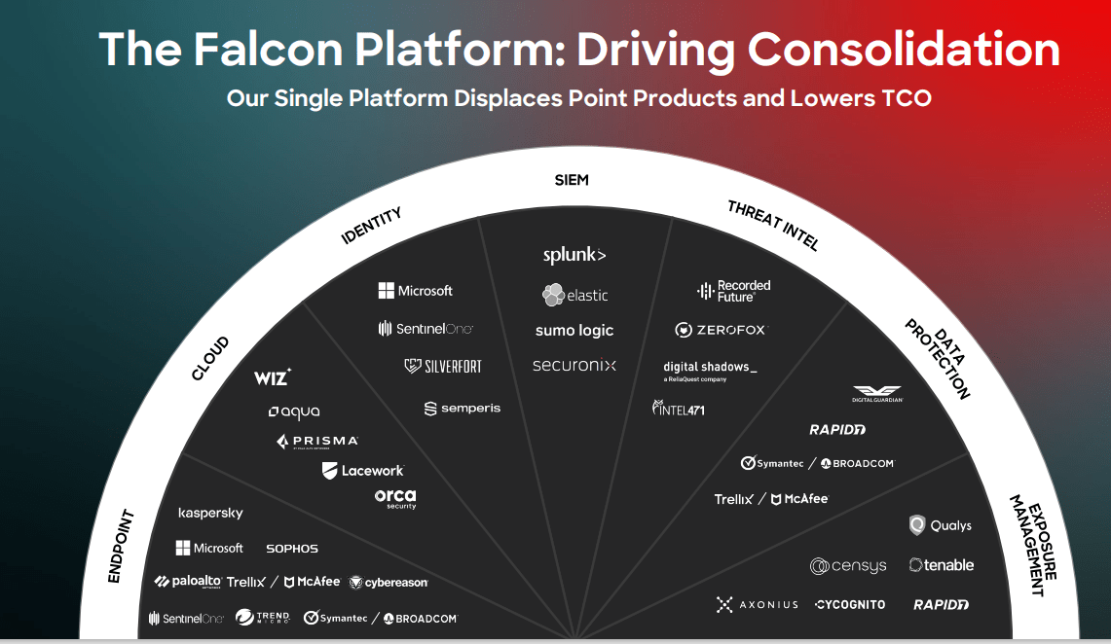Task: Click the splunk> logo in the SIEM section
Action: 574,255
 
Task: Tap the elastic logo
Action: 575,295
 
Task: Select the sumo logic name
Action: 574,331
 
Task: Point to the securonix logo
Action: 574,366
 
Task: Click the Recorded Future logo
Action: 733,290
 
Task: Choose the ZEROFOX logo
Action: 720,330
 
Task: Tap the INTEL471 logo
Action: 679,409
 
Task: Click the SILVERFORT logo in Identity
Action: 443,367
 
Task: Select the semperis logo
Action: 463,409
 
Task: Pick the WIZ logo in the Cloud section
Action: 273,377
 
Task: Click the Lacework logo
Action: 362,471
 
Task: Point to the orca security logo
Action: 395,498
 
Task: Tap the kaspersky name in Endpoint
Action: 210,513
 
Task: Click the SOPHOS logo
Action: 292,549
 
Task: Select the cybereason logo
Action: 389,583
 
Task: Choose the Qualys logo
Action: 940,525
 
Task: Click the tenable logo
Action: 941,565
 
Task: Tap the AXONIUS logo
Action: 757,604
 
